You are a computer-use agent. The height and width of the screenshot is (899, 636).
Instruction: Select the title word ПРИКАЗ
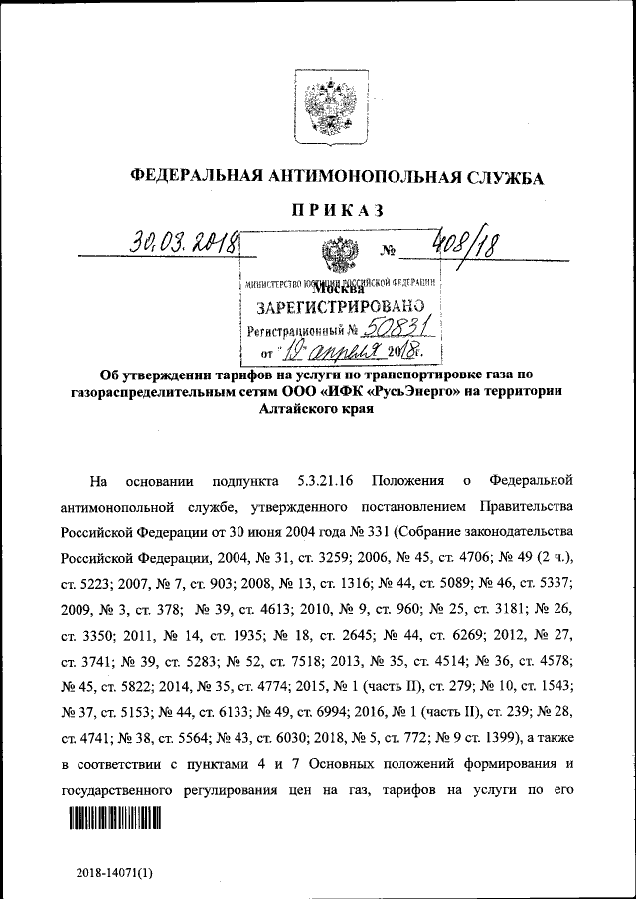(338, 210)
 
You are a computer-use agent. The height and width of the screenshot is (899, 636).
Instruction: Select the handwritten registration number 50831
(399, 328)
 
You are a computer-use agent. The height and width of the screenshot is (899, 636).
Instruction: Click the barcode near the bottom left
(114, 818)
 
